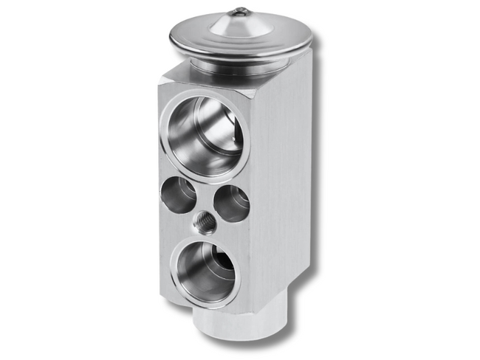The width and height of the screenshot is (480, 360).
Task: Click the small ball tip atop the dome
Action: tap(240, 11)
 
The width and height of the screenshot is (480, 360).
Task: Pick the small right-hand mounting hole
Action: tap(232, 203)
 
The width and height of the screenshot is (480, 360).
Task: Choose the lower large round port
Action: tap(205, 272)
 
